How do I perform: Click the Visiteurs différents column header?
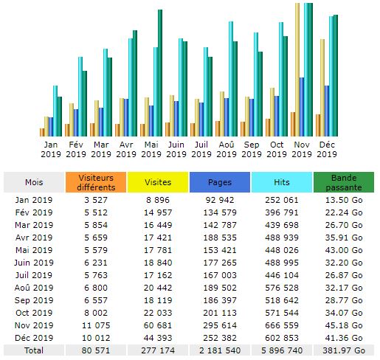coord(96,182)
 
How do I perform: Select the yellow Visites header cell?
coord(158,182)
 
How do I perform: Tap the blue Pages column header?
coord(220,182)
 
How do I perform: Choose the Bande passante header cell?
coord(344,182)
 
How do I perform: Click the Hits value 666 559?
coord(282,325)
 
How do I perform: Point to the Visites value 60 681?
coord(158,325)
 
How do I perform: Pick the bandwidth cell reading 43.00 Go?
coord(344,250)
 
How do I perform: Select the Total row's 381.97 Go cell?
coord(344,350)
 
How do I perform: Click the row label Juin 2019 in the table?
coord(34,263)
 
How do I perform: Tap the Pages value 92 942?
coord(220,200)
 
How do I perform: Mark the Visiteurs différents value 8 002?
coord(96,313)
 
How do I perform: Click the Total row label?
coord(34,350)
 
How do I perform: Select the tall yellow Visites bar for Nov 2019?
coord(297,69)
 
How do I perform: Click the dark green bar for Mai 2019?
coord(160,73)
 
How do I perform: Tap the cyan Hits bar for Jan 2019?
coord(55,111)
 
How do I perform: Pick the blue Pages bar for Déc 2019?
coord(327,111)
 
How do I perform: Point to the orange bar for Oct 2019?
coord(268,128)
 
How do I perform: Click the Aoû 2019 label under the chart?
coord(227,149)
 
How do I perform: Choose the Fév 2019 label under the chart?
coord(76,149)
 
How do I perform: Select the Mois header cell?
coord(34,182)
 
